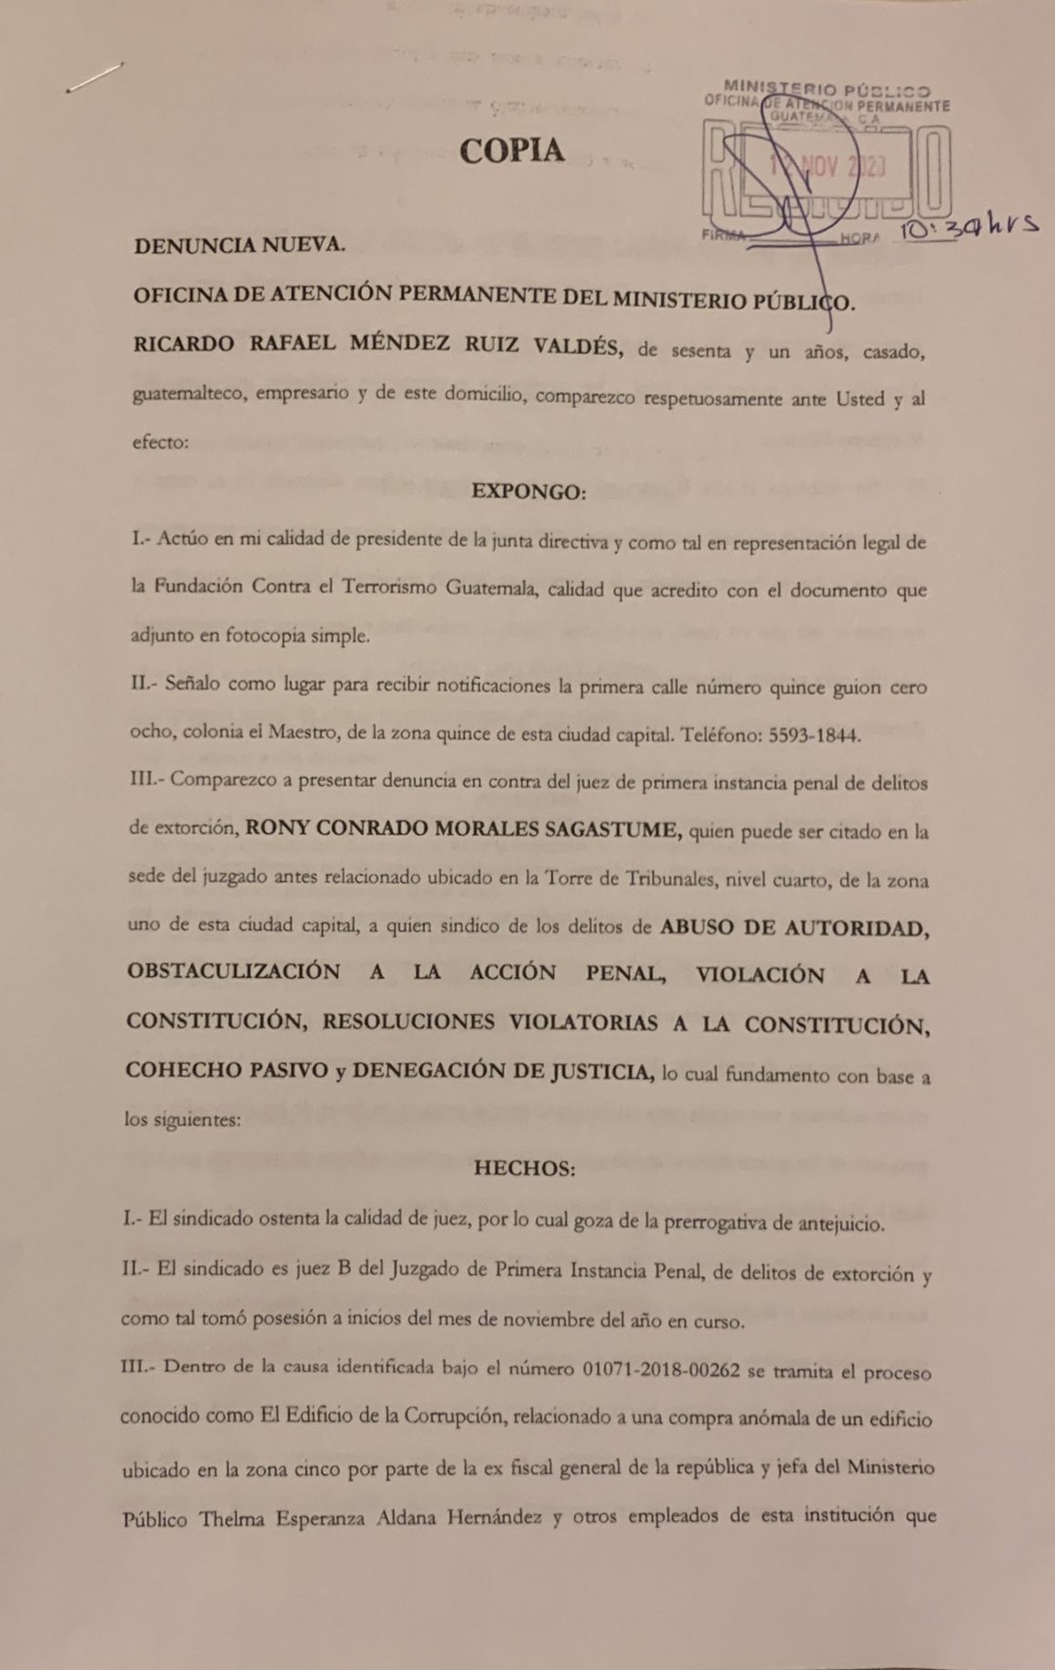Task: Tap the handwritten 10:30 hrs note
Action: (x=968, y=226)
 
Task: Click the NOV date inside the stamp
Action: (x=826, y=167)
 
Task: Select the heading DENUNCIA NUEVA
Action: (x=240, y=245)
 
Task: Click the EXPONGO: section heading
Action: (x=528, y=492)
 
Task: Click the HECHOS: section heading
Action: (x=524, y=1168)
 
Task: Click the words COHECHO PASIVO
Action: (x=226, y=1070)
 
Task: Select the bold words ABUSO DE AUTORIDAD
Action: (x=793, y=929)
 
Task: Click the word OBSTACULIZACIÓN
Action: (x=233, y=971)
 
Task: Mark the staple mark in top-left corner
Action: (x=95, y=78)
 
